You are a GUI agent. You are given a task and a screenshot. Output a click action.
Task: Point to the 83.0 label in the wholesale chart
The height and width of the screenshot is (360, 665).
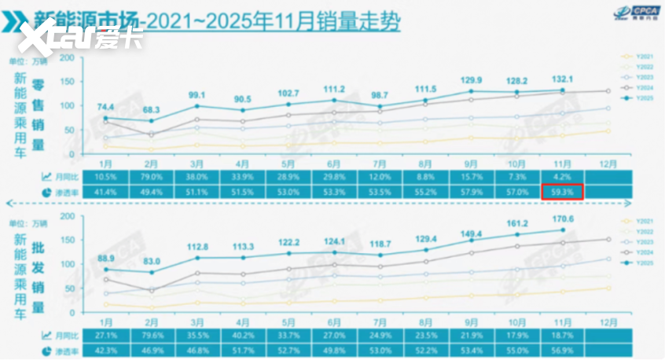tap(151, 262)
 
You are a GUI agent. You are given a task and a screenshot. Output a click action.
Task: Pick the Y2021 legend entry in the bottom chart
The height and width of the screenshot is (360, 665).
tap(644, 221)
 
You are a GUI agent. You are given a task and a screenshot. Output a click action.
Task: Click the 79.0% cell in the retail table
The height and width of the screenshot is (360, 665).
tap(151, 177)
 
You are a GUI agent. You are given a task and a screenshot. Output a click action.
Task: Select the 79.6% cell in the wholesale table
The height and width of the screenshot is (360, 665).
tap(151, 336)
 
